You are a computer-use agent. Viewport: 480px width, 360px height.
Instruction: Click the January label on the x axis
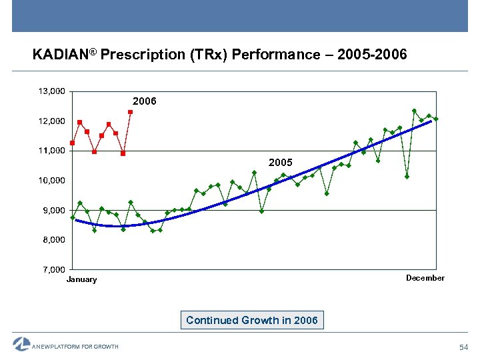(x=81, y=279)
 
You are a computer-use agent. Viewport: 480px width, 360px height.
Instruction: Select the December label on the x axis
(x=425, y=278)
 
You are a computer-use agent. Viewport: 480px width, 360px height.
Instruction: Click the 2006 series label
(x=144, y=101)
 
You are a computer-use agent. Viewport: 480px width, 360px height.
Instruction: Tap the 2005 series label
(x=280, y=162)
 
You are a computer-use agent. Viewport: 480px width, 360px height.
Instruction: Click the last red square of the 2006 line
(x=131, y=112)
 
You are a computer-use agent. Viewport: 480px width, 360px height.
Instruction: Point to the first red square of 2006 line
(x=72, y=143)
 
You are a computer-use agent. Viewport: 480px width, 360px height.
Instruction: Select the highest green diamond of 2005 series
(x=414, y=111)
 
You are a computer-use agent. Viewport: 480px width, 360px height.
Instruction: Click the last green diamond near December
(x=436, y=119)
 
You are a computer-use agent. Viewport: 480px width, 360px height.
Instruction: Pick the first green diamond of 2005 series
(x=72, y=217)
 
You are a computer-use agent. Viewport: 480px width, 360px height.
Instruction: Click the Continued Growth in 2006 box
(x=252, y=320)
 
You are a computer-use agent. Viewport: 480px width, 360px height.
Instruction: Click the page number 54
(x=465, y=347)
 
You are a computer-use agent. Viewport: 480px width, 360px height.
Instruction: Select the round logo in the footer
(x=21, y=344)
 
